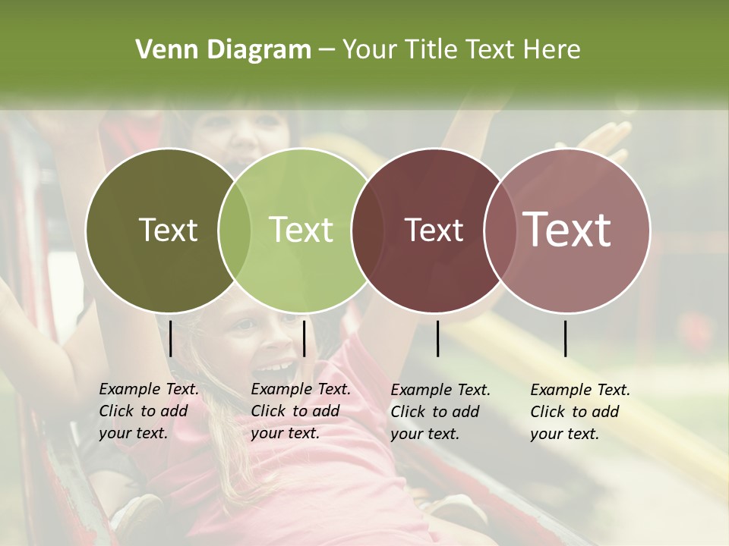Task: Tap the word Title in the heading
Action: (431, 50)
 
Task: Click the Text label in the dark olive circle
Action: (168, 230)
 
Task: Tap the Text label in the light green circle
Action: (301, 230)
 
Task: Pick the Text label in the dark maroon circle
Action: (434, 230)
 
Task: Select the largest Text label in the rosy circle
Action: (567, 229)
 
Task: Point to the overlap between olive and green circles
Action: (235, 231)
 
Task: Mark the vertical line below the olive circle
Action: (171, 338)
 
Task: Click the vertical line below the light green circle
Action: (304, 338)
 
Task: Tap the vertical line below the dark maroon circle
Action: (438, 338)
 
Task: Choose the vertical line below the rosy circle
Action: (566, 338)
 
